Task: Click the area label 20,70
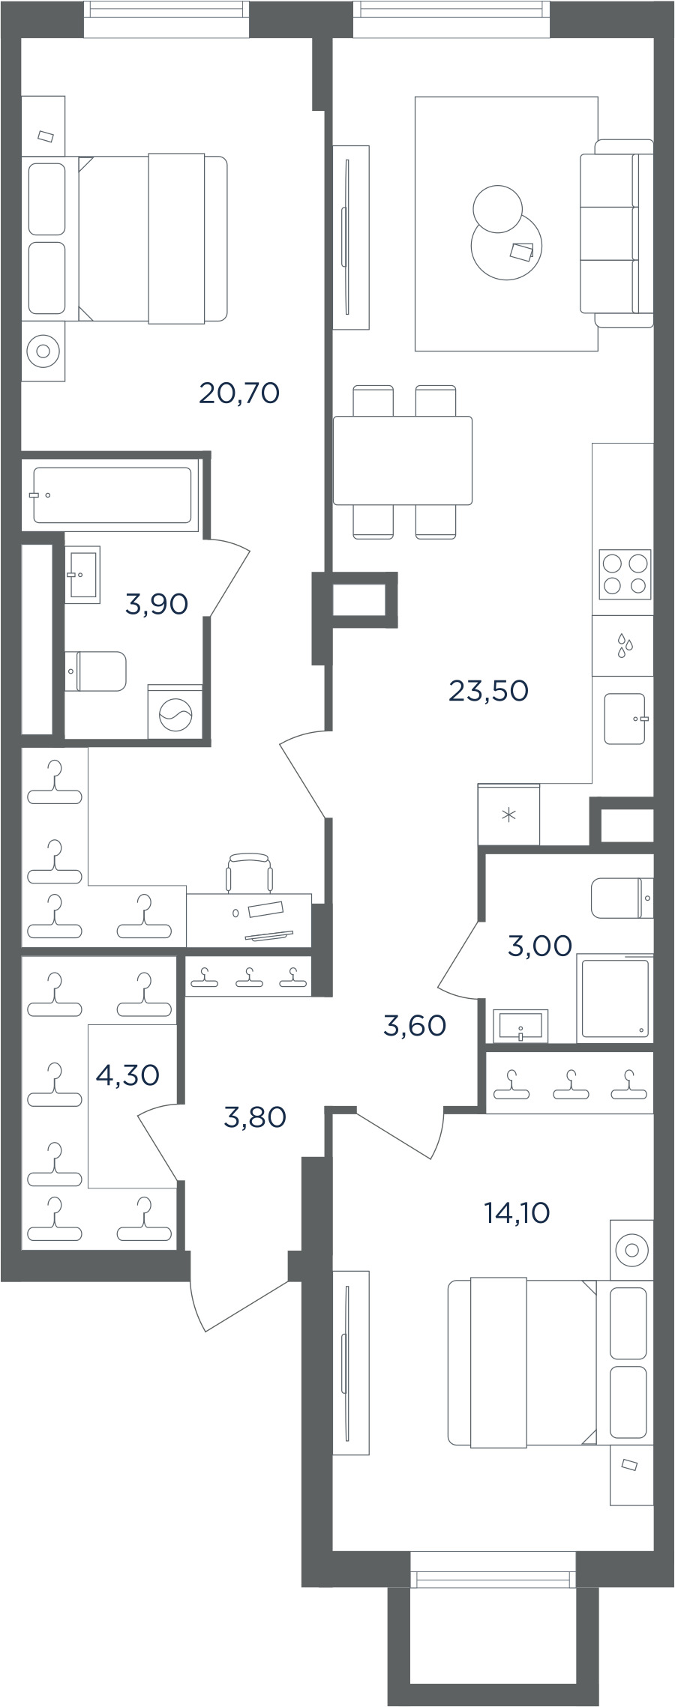tap(239, 393)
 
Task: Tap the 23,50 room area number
tap(488, 690)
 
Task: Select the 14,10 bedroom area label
tap(517, 1212)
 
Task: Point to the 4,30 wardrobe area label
tap(127, 1075)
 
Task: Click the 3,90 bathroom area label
tap(156, 603)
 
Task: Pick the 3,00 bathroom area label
tap(539, 946)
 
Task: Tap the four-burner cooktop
tap(625, 575)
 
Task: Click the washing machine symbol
tap(175, 712)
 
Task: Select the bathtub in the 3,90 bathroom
tap(112, 495)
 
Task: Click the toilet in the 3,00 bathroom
tap(622, 898)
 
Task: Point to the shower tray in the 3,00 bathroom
tap(615, 999)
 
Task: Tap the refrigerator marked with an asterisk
tap(508, 814)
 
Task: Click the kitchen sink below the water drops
tap(625, 719)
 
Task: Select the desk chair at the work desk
tap(249, 873)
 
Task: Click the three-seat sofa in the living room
tap(616, 233)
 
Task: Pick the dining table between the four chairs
tap(403, 460)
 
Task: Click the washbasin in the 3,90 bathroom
tap(82, 575)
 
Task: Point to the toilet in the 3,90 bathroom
tap(95, 671)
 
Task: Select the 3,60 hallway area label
tap(414, 1025)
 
